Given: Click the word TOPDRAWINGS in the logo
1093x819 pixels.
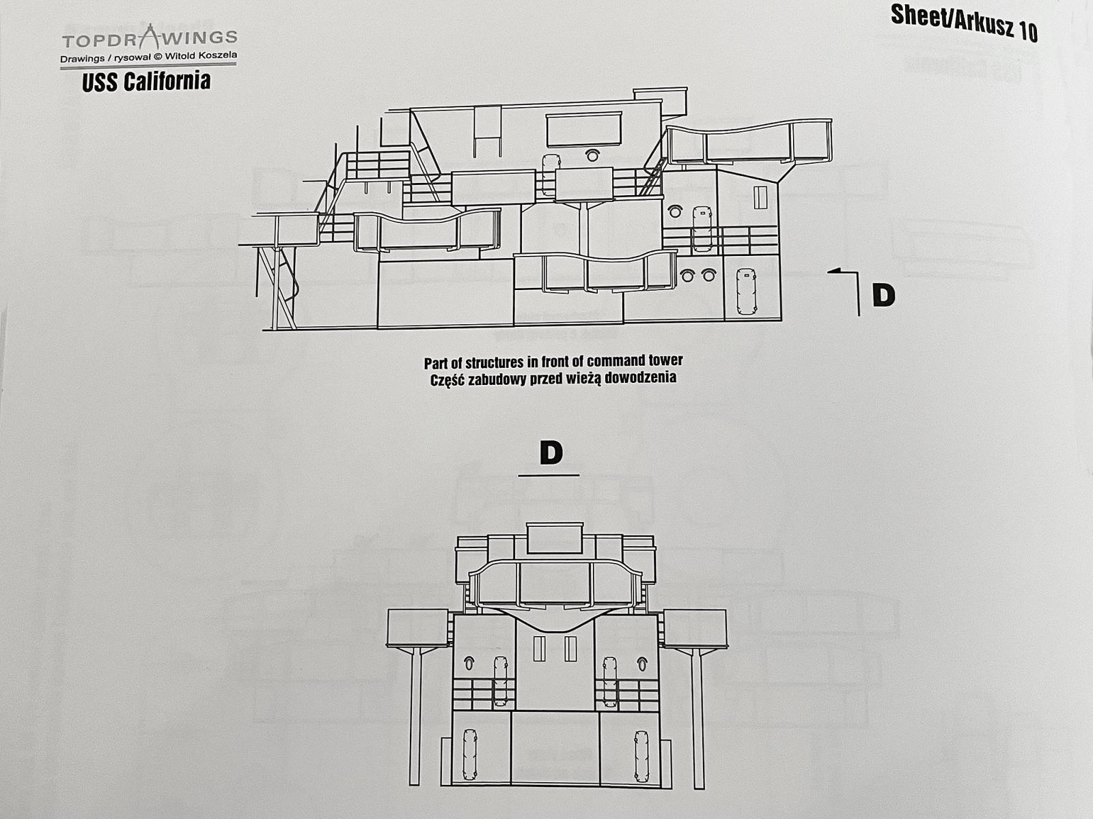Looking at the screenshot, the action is click(150, 38).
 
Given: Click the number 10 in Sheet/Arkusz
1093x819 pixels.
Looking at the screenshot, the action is click(1027, 32).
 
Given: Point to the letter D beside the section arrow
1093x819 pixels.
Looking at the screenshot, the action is click(884, 296).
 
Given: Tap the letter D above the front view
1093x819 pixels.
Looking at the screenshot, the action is click(551, 452).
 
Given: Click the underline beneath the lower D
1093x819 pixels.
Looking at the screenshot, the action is click(549, 476).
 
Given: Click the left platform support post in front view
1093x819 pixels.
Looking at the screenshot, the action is click(416, 717).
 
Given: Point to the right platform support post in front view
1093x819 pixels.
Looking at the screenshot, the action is click(697, 719).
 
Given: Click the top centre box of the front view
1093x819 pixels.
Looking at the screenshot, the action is click(555, 538).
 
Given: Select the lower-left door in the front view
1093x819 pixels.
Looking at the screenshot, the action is click(469, 754).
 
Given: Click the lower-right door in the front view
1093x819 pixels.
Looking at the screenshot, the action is click(641, 756).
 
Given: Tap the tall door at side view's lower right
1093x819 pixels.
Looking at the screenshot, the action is click(746, 291).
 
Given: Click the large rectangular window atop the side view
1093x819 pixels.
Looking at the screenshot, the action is click(583, 129).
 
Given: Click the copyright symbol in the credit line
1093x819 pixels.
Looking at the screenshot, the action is click(158, 57).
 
